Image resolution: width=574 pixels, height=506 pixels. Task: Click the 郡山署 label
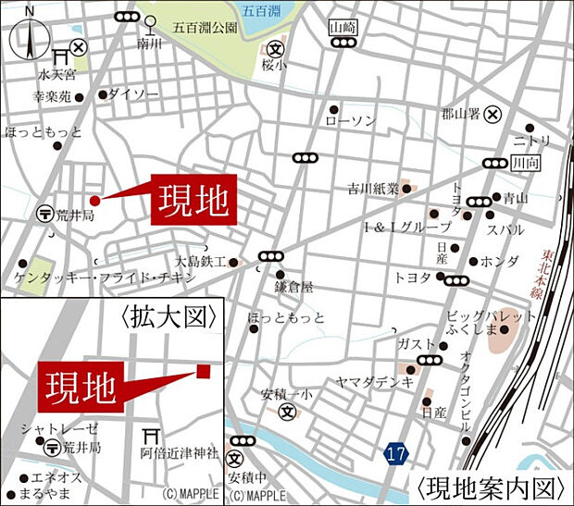pyautogui.click(x=462, y=115)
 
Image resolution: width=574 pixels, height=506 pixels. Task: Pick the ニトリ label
pyautogui.click(x=531, y=141)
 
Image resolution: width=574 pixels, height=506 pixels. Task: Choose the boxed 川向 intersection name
pyautogui.click(x=524, y=164)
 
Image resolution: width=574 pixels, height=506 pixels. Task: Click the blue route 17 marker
pyautogui.click(x=396, y=453)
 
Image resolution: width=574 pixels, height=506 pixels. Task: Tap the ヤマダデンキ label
pyautogui.click(x=374, y=381)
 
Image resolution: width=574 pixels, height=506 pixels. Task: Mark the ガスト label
pyautogui.click(x=414, y=344)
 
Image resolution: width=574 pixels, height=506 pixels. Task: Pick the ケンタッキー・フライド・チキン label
pyautogui.click(x=106, y=278)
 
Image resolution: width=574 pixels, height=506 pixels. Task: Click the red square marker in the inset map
pyautogui.click(x=204, y=371)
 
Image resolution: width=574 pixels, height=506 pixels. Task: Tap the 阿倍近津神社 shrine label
pyautogui.click(x=179, y=453)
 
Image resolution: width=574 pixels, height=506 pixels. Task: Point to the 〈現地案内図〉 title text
pyautogui.click(x=491, y=486)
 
